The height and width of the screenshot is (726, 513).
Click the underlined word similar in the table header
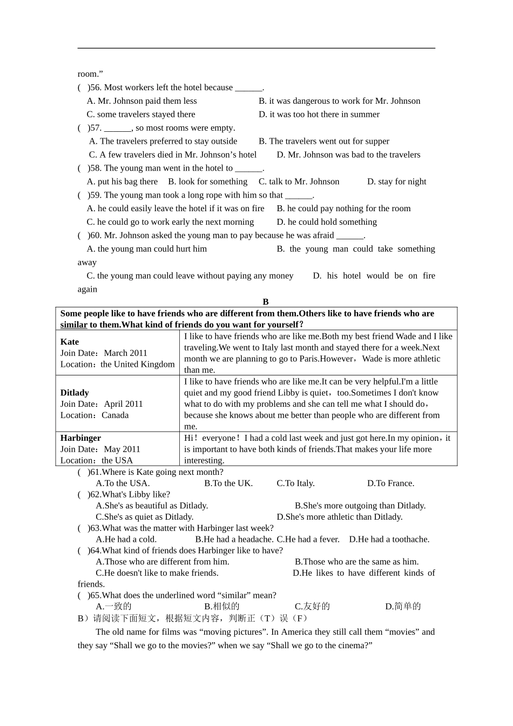pyautogui.click(x=73, y=325)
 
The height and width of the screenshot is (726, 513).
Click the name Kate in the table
pyautogui.click(x=70, y=341)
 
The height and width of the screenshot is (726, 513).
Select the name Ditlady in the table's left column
pyautogui.click(x=75, y=392)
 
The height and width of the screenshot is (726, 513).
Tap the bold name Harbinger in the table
pyautogui.click(x=80, y=438)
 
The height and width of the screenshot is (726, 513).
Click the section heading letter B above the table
pyautogui.click(x=265, y=301)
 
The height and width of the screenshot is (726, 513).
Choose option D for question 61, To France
pyautogui.click(x=390, y=483)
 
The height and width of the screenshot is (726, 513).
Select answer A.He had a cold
pyautogui.click(x=126, y=539)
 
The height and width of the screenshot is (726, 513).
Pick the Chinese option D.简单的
pyautogui.click(x=402, y=606)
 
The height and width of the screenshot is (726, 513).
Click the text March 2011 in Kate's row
pyautogui.click(x=125, y=353)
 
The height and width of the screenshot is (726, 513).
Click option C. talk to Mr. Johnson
pyautogui.click(x=299, y=181)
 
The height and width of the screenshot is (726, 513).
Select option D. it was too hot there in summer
pyautogui.click(x=319, y=114)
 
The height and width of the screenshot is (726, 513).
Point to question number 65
pyautogui.click(x=95, y=595)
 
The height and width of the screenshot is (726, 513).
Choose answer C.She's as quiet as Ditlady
pyautogui.click(x=144, y=516)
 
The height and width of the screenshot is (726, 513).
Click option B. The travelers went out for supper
pyautogui.click(x=323, y=141)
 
